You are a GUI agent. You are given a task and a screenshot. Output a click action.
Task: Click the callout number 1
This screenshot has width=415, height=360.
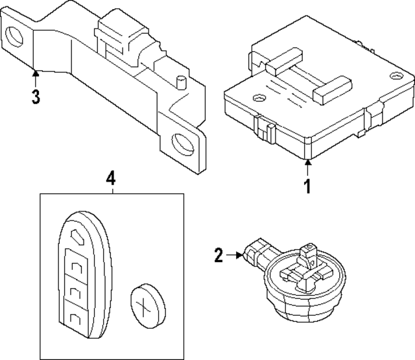pyautogui.click(x=307, y=186)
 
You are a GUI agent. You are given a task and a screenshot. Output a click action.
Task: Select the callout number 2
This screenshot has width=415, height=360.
pyautogui.click(x=219, y=255)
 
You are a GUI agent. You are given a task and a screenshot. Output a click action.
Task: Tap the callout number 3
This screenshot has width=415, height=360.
pyautogui.click(x=36, y=97)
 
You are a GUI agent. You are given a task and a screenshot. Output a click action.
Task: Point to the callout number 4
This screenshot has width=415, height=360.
pyautogui.click(x=111, y=176)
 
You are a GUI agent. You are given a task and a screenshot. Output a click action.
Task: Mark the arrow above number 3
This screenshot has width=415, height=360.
pyautogui.click(x=36, y=79)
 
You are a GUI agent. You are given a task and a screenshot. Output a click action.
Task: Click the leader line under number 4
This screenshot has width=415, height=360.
pyautogui.click(x=111, y=189)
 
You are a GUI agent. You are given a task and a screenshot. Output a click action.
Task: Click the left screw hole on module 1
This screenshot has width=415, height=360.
pyautogui.click(x=259, y=99)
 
